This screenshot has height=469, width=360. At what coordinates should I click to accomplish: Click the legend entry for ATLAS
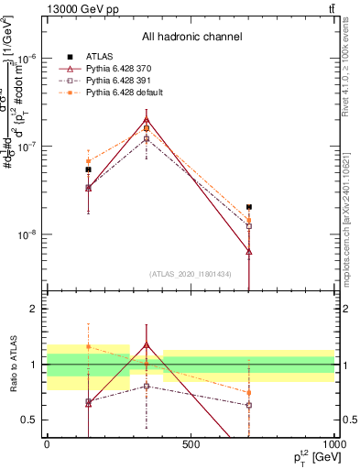(102, 56)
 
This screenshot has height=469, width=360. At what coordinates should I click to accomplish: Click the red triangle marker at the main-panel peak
(147, 119)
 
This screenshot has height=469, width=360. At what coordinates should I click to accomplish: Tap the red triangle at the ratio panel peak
(147, 345)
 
